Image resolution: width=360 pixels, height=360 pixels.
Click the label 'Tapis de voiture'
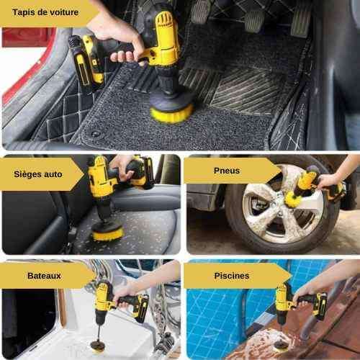(x=45, y=12)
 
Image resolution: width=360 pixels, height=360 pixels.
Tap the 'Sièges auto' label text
(x=38, y=174)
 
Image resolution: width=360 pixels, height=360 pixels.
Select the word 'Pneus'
(x=227, y=171)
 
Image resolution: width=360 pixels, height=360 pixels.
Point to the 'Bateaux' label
(x=44, y=276)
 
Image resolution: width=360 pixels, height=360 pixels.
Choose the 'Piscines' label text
(x=232, y=276)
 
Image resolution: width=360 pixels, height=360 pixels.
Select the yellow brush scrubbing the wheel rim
(x=292, y=198)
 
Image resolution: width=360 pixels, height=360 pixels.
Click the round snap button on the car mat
(x=96, y=134)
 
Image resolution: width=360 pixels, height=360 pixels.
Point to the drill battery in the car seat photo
(x=143, y=171)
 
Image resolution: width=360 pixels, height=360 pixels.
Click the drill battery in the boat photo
(x=141, y=308)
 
